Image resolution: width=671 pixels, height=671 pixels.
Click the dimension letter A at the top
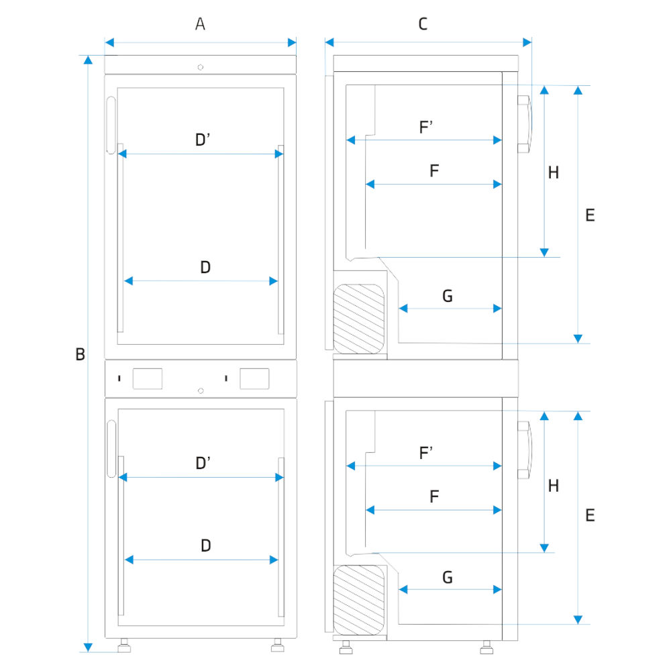point(200,25)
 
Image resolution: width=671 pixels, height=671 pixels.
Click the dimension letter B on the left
point(80,354)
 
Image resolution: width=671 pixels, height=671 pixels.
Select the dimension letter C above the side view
point(423,25)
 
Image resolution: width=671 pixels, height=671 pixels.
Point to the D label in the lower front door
point(206,546)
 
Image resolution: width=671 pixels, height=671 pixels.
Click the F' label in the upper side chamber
point(426,127)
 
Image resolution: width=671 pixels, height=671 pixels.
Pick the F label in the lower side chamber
point(434,497)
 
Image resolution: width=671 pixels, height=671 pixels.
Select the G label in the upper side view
point(448,296)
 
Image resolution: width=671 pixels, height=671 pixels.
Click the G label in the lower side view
point(448,577)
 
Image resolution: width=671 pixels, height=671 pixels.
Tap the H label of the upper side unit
point(553,173)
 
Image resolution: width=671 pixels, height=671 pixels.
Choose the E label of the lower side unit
point(590,515)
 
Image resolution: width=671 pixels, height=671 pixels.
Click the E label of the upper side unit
point(590,215)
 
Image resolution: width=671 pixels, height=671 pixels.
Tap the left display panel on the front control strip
point(148,378)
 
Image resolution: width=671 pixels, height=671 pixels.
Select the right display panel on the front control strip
point(254,378)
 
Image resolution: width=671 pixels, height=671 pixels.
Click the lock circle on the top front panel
point(201,66)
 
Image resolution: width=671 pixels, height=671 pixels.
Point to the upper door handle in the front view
point(111,125)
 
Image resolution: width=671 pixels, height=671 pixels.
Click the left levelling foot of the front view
point(124,647)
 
